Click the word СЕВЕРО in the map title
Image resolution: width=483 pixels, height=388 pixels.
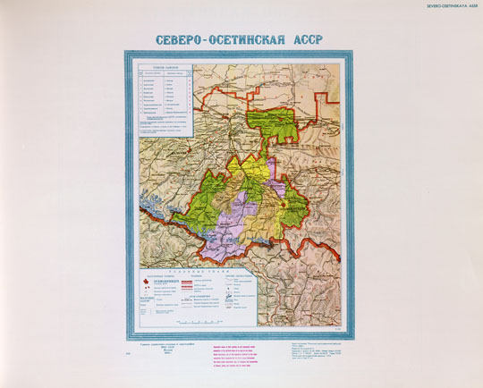[x=185, y=41]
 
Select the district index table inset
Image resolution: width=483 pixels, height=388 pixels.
[x=162, y=99]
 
